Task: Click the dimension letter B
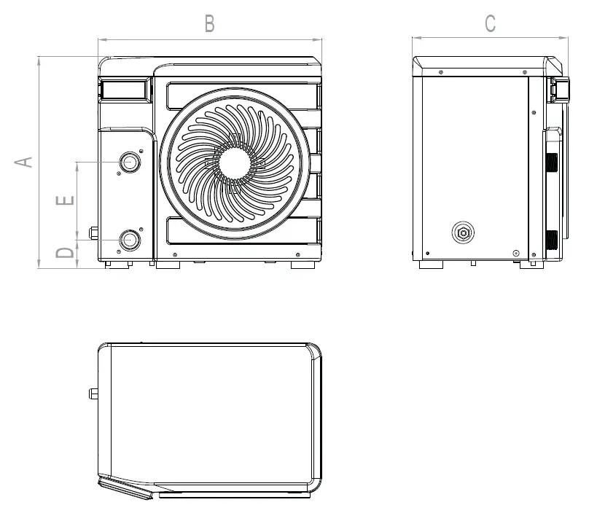pyautogui.click(x=209, y=24)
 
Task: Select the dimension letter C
pyautogui.click(x=490, y=24)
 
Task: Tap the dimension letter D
pyautogui.click(x=66, y=253)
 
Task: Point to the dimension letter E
pyautogui.click(x=66, y=200)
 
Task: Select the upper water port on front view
pyautogui.click(x=130, y=162)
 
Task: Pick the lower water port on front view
pyautogui.click(x=130, y=239)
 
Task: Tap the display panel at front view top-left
pyautogui.click(x=125, y=90)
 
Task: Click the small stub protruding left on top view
pyautogui.click(x=94, y=394)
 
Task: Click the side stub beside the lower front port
pyautogui.click(x=93, y=234)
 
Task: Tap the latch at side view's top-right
pyautogui.click(x=561, y=87)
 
